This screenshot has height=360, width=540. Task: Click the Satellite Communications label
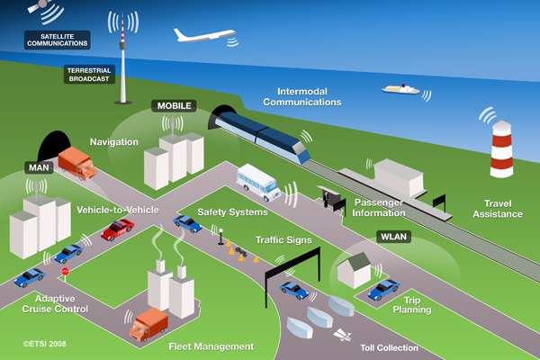[58, 40]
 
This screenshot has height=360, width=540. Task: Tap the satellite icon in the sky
[39, 6]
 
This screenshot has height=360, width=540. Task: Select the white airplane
[204, 35]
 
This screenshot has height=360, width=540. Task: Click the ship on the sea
[400, 89]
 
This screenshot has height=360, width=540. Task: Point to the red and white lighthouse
[502, 148]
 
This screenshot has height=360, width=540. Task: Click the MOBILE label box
[174, 106]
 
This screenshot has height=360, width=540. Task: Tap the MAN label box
[39, 167]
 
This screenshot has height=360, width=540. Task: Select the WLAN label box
[393, 237]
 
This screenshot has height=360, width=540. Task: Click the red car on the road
[117, 229]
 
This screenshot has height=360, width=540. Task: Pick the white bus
[258, 183]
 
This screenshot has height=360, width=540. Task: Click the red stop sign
[65, 272]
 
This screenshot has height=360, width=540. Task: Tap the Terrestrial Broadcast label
[89, 75]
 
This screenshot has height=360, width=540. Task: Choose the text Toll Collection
[389, 348]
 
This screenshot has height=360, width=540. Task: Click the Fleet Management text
[211, 346]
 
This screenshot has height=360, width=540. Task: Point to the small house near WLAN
[354, 270]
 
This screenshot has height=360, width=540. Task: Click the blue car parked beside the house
[383, 290]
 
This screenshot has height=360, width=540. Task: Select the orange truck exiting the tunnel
[77, 163]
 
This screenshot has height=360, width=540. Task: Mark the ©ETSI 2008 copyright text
[44, 344]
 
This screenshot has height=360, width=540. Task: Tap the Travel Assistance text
[498, 209]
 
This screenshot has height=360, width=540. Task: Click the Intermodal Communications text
[302, 97]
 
